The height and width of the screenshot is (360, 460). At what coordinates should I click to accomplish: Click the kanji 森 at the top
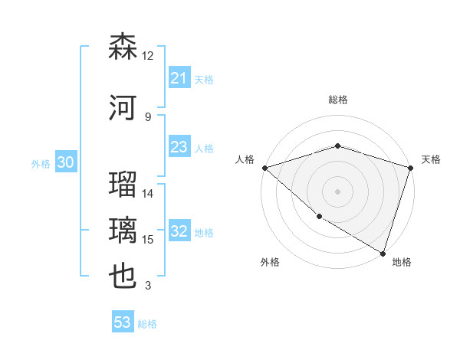point(123,47)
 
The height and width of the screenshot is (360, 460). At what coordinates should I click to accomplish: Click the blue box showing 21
point(179,78)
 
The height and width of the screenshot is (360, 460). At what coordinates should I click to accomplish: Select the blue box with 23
point(179,148)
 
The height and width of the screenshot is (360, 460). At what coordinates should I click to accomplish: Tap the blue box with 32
point(179,232)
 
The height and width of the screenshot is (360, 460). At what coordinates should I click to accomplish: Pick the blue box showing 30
point(65,163)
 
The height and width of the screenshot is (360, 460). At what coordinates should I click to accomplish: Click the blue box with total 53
point(123,322)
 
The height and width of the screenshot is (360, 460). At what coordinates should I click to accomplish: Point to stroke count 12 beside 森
point(147,56)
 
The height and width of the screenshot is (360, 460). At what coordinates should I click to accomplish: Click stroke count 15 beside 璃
point(148,240)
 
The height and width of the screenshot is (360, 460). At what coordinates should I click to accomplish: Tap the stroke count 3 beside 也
point(148,286)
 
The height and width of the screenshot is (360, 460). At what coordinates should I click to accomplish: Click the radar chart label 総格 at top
point(337,100)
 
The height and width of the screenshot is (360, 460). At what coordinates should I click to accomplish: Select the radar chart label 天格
point(431,159)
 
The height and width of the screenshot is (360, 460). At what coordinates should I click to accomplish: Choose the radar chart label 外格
point(270,262)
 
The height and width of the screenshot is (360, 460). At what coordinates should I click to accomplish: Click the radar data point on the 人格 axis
point(264,168)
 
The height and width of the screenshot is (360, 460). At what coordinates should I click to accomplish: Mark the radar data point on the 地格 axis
point(383,253)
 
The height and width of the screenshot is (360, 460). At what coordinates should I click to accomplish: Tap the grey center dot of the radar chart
point(337,191)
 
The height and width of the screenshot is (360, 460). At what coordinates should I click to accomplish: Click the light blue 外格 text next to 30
point(41,164)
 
